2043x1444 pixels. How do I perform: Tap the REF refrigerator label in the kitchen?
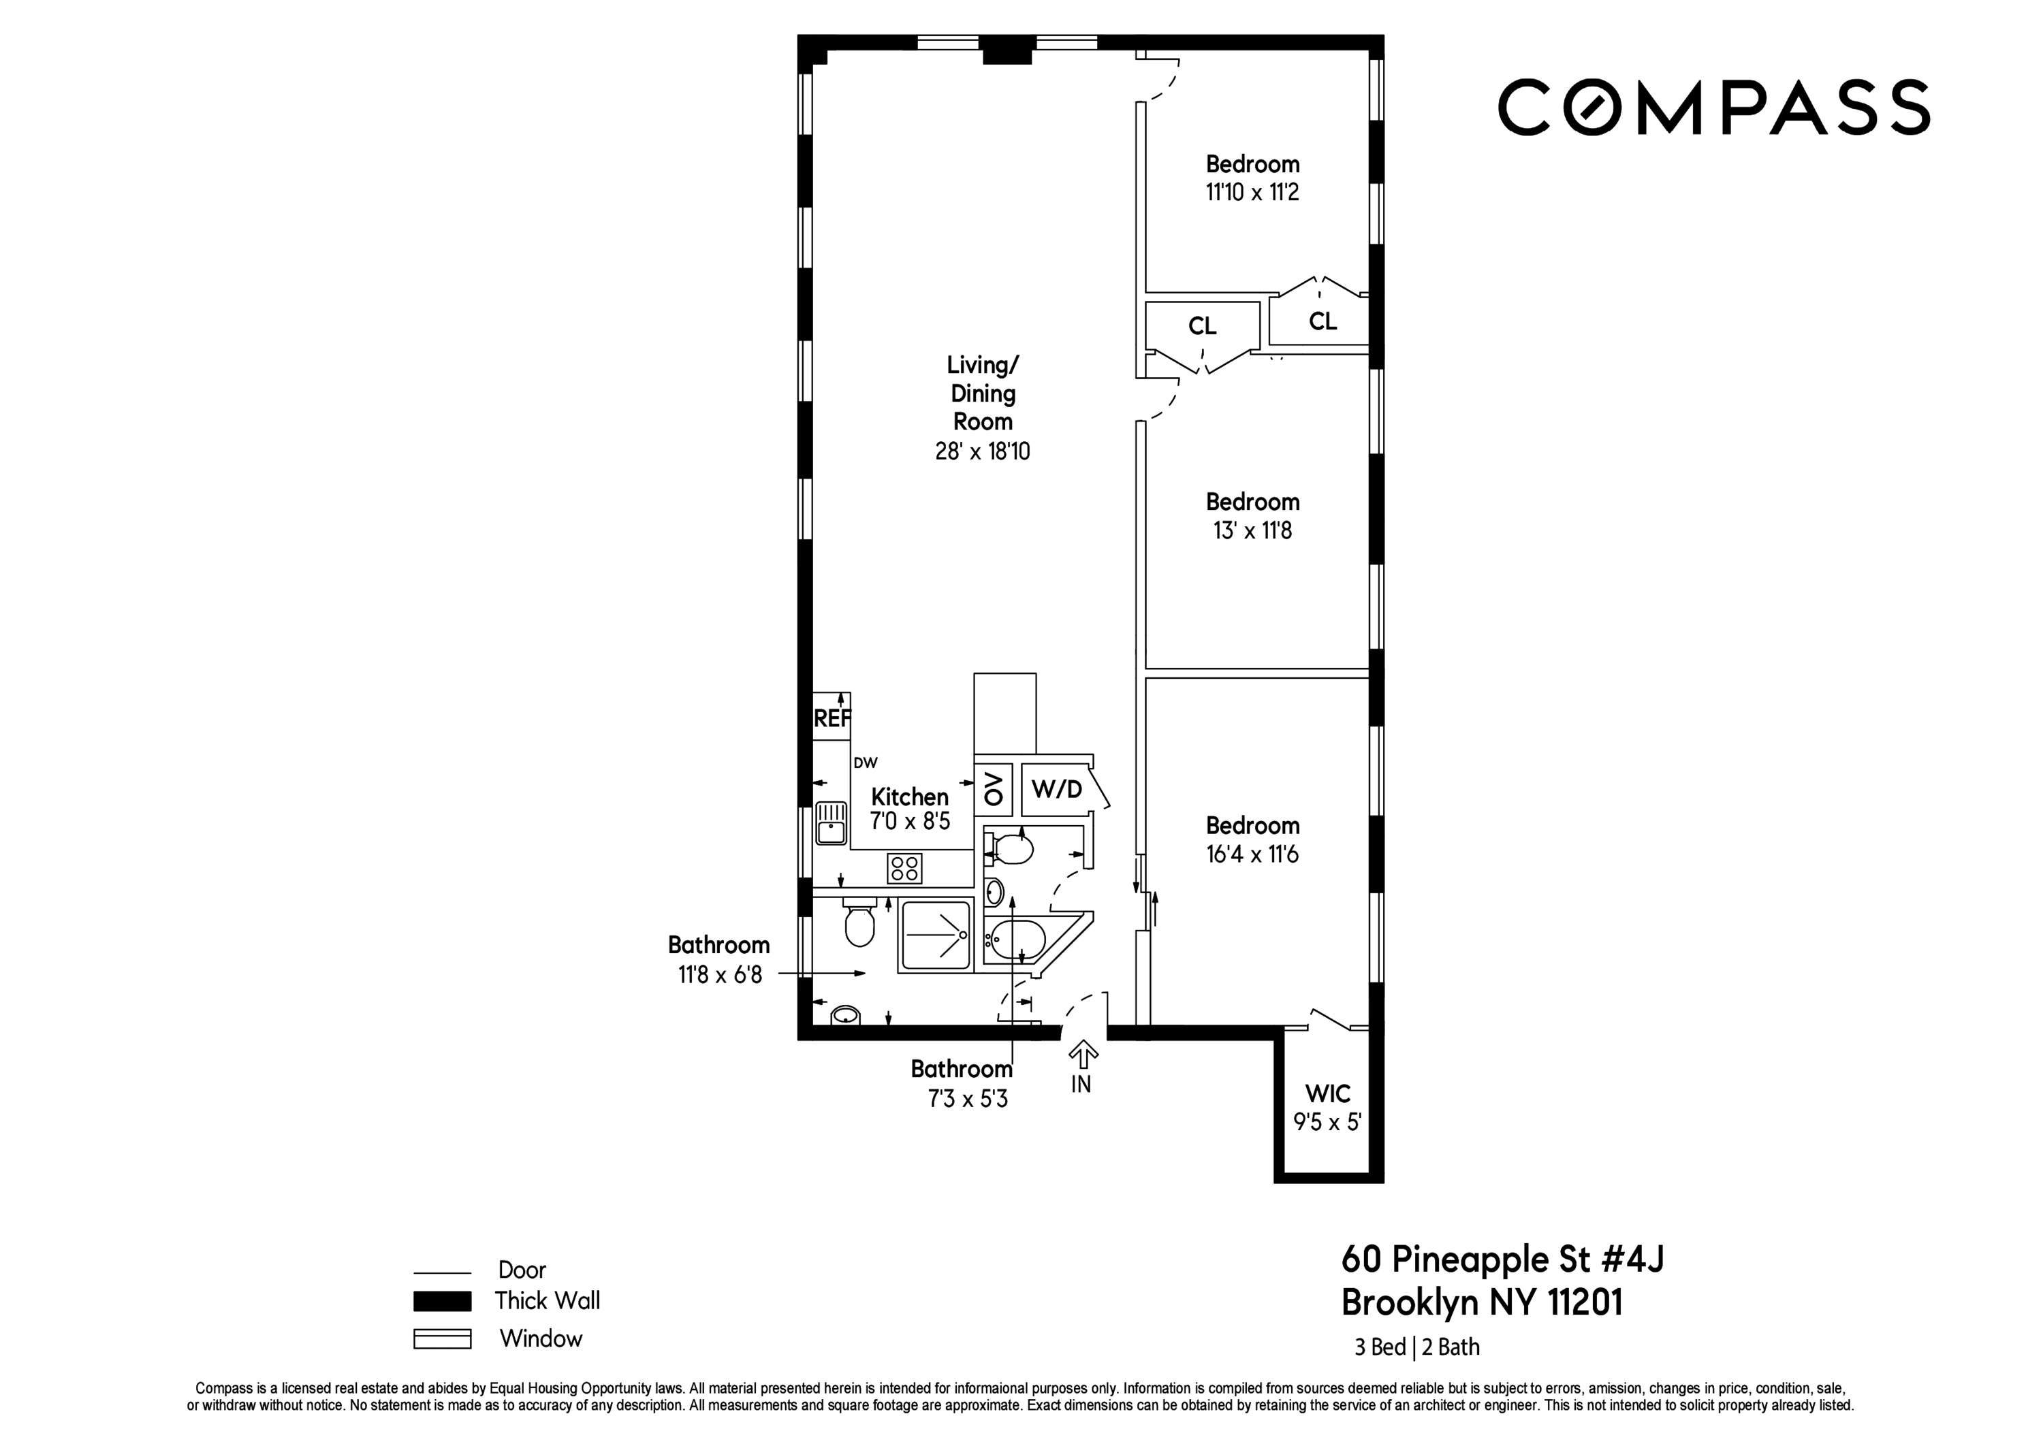click(832, 718)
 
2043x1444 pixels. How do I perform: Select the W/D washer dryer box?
click(1056, 789)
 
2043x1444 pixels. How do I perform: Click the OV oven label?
click(994, 789)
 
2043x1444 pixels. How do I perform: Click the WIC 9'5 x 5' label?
click(1327, 1108)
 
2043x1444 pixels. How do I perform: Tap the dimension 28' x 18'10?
click(983, 451)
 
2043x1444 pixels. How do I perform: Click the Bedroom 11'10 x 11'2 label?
click(1252, 178)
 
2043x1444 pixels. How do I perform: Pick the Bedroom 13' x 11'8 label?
click(1252, 516)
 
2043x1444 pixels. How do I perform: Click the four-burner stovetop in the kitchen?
click(904, 868)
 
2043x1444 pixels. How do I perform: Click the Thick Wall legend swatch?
click(442, 1301)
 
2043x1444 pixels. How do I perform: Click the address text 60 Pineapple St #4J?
click(1502, 1259)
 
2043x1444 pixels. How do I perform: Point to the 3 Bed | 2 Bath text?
click(1416, 1347)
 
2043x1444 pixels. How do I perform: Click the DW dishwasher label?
click(865, 763)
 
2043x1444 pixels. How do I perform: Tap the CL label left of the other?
click(1202, 327)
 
